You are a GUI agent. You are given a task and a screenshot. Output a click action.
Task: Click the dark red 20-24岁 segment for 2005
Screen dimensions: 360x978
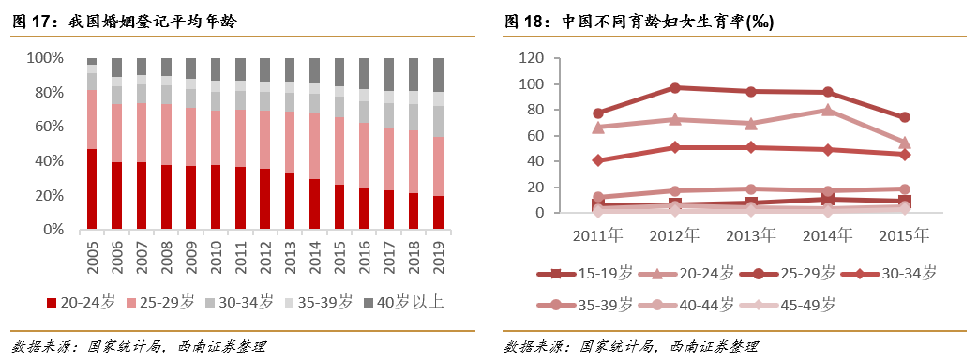point(92,189)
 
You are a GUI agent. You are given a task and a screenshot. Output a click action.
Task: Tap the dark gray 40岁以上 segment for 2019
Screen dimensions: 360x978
point(438,75)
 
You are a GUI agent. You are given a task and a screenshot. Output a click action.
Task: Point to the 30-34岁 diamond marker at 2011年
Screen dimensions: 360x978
point(598,160)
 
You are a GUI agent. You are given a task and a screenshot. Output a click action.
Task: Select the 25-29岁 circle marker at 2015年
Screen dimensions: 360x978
point(905,118)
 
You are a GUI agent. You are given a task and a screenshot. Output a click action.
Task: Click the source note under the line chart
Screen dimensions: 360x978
point(631,346)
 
